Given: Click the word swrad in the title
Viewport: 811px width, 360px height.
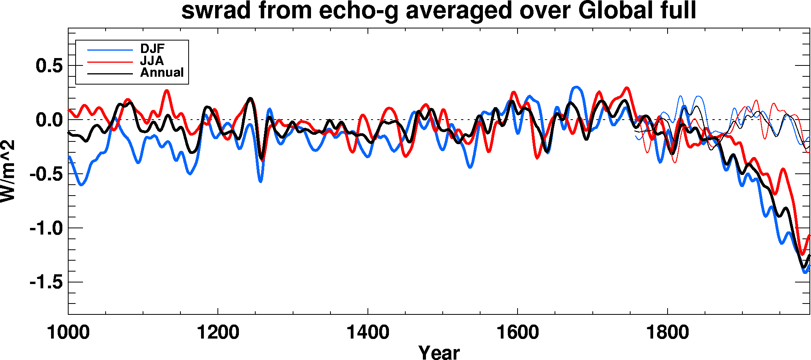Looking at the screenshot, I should point(216,11).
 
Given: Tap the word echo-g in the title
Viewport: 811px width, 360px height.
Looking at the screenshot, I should point(359,11).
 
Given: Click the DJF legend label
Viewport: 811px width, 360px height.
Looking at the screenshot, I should point(152,49).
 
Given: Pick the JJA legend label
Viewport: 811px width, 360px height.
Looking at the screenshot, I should point(152,61).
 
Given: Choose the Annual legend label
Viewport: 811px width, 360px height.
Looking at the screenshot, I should point(162,72).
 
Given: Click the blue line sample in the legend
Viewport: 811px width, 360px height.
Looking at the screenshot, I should point(110,50).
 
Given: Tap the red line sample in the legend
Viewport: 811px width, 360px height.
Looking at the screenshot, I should point(110,62).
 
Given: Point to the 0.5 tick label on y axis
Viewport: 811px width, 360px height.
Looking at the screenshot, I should point(49,66).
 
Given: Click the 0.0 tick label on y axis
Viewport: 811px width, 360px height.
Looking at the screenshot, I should point(49,120).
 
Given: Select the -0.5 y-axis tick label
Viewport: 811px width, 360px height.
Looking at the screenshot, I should point(46,174).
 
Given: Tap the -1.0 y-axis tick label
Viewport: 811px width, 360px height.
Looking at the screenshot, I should point(46,228).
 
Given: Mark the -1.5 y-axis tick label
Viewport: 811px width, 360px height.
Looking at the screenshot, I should point(46,282).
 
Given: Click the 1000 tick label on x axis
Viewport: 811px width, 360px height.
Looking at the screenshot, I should point(68,332).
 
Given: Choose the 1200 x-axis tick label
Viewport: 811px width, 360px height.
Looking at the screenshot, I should point(218,332).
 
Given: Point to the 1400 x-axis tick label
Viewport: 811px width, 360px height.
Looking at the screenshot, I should point(368,332).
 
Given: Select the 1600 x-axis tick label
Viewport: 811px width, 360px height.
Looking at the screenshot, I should point(517,332).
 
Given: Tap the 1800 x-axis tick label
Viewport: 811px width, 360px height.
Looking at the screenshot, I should point(667,332).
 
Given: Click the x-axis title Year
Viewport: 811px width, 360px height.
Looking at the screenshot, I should point(439,352).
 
